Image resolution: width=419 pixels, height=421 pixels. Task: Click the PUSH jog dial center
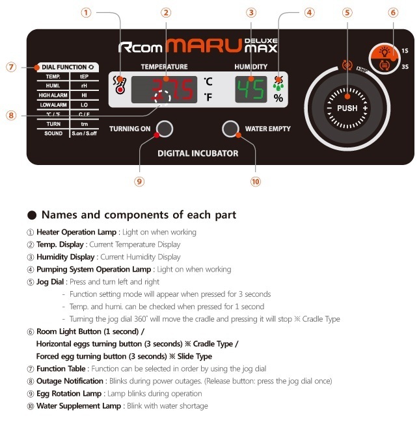pyautogui.click(x=347, y=108)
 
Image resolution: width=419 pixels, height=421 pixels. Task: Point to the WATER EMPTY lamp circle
pyautogui.click(x=230, y=129)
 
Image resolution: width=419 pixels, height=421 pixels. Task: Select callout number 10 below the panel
pyautogui.click(x=255, y=181)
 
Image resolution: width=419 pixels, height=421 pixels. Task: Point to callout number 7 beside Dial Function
pyautogui.click(x=11, y=66)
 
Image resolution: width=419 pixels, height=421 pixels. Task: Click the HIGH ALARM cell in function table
pyautogui.click(x=53, y=95)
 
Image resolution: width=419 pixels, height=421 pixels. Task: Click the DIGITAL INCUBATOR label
pyautogui.click(x=198, y=153)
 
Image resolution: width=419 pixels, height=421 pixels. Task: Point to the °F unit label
pyautogui.click(x=208, y=98)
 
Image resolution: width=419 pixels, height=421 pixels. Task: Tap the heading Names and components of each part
pyautogui.click(x=138, y=214)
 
